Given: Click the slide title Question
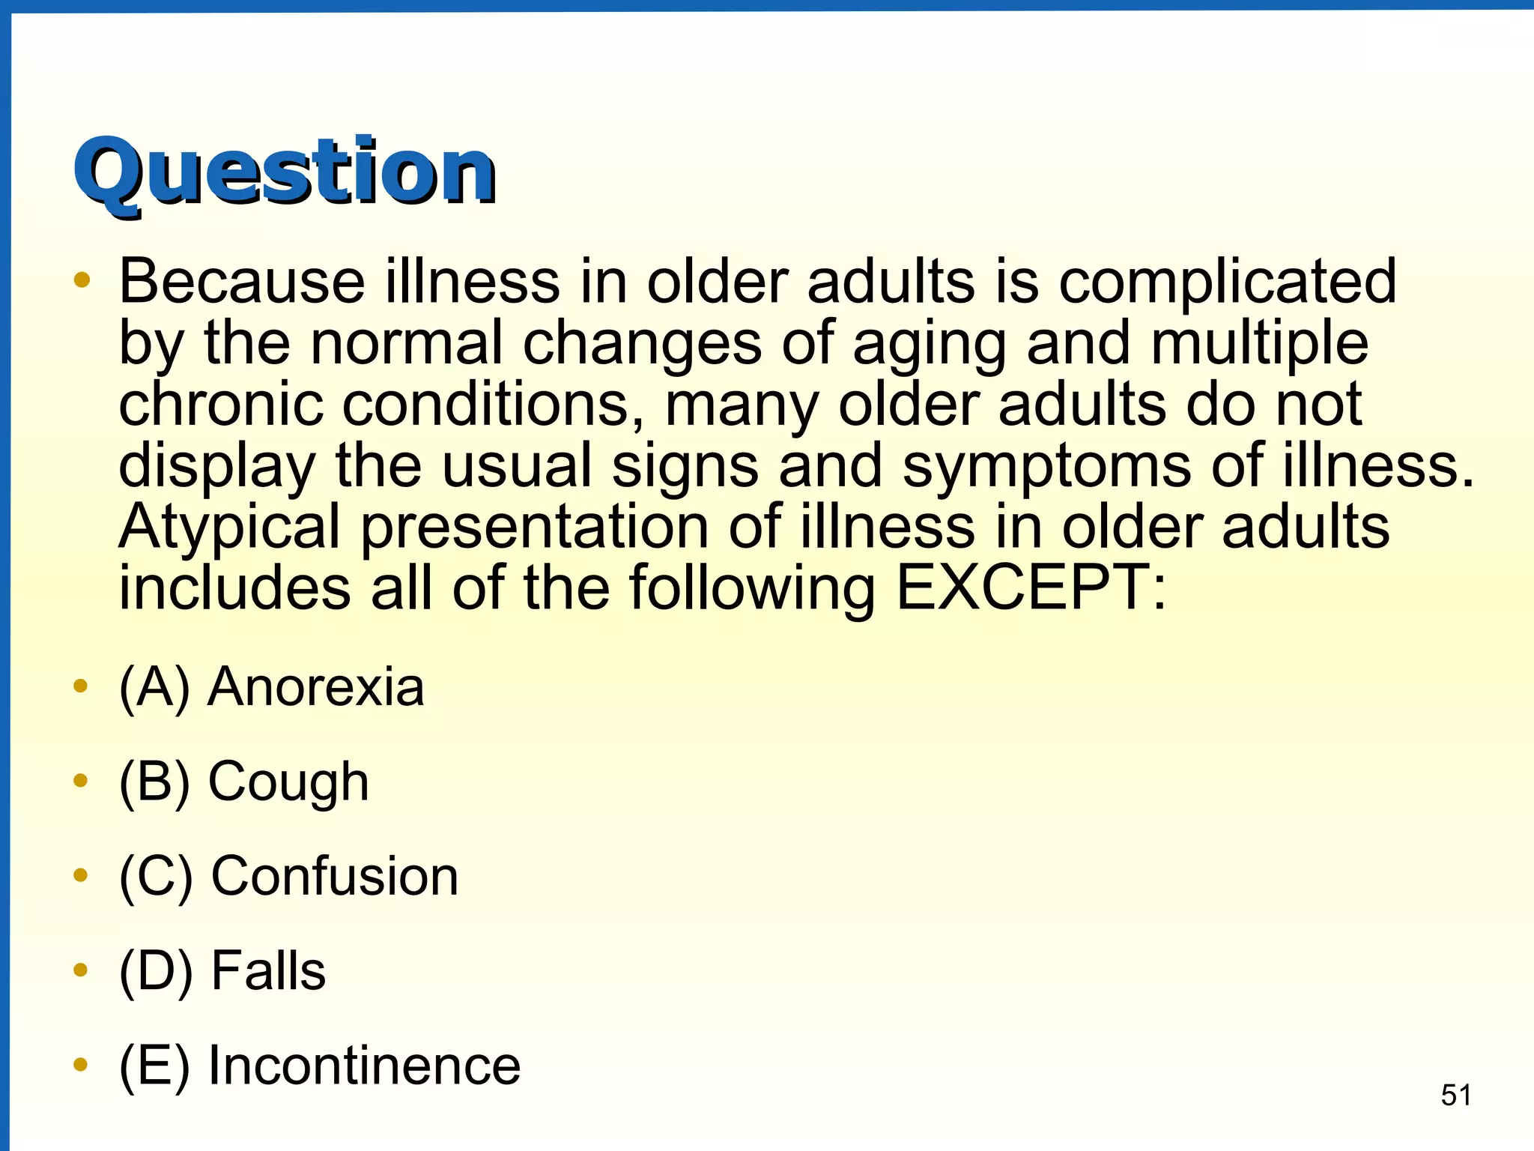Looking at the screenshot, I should pos(285,172).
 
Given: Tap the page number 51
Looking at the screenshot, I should pos(1456,1095).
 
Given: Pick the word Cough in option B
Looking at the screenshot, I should pos(288,782).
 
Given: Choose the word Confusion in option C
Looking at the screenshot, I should pos(334,876).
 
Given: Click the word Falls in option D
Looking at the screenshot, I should pos(268,971).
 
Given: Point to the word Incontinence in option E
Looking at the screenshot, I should pos(364,1066).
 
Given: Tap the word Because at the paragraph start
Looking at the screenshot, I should pos(242,282).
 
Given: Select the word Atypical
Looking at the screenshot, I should pos(229,526).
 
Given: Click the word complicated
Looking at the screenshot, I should pos(1227,283).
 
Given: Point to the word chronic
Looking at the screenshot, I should pos(221,405).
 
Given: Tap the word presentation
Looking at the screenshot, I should pos(535,528).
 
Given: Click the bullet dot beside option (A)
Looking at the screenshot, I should pos(81,686).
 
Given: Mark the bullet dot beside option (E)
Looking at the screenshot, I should pos(81,1065).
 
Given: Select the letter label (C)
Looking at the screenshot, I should pos(156,877).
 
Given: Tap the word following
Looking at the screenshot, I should pos(752,589).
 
